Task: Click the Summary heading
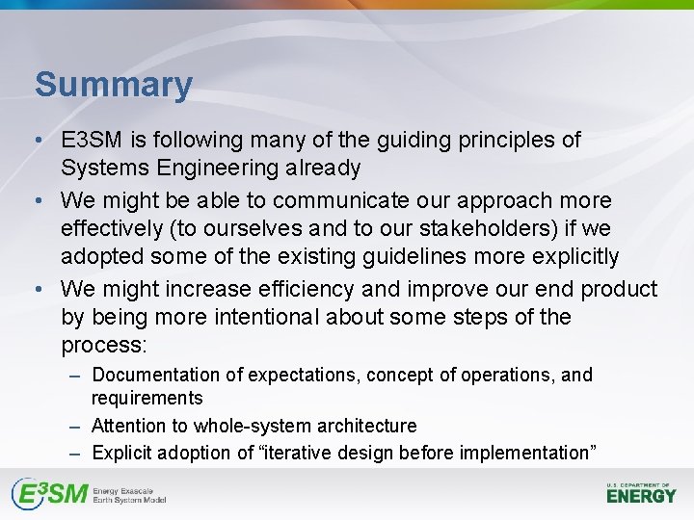click(114, 85)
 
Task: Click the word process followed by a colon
click(101, 345)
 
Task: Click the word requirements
click(147, 398)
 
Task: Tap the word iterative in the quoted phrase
click(314, 453)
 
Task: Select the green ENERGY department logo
click(641, 494)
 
